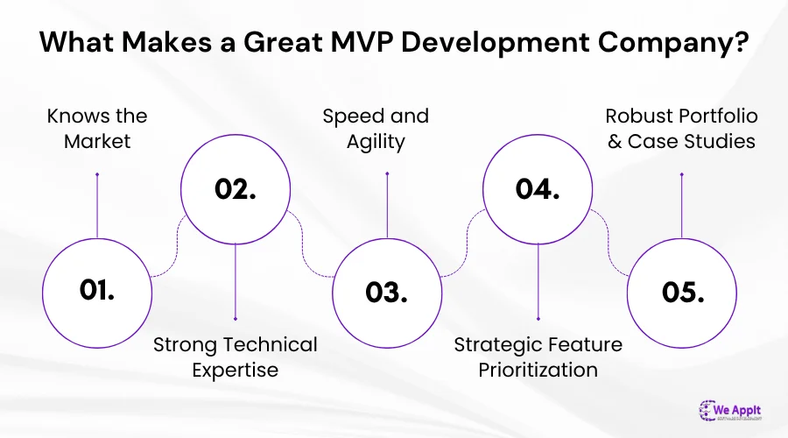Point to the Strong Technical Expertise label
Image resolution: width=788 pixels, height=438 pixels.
tap(236, 357)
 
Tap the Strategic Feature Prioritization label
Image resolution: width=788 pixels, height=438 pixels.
tap(538, 357)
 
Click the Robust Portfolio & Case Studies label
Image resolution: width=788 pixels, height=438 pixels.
tap(680, 128)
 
